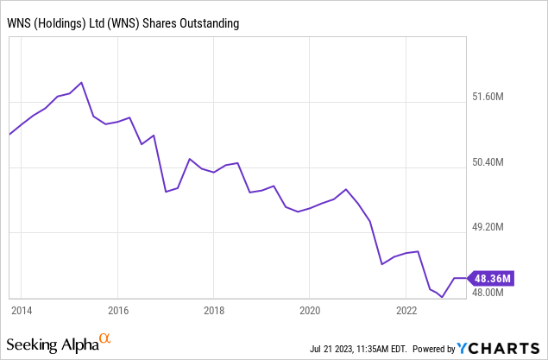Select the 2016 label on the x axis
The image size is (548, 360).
[x=118, y=310]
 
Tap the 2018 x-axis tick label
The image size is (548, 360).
[x=215, y=310]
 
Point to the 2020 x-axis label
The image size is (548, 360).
[x=311, y=310]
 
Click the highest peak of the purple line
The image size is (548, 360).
[x=81, y=83]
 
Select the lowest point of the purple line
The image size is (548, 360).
[x=442, y=297]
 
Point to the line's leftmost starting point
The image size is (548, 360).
[x=9, y=134]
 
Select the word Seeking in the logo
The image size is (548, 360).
[x=35, y=345]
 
